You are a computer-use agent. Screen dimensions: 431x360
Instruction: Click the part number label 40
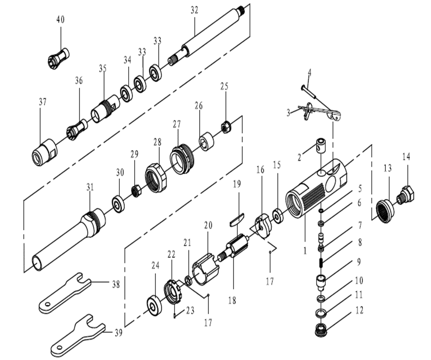[61, 20]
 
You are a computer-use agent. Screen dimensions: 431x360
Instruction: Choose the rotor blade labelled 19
[237, 220]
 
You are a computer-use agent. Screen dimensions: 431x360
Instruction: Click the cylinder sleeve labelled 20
[206, 269]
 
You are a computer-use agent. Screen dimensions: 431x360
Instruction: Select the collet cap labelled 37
[45, 152]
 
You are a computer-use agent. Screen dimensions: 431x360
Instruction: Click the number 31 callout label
[90, 187]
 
